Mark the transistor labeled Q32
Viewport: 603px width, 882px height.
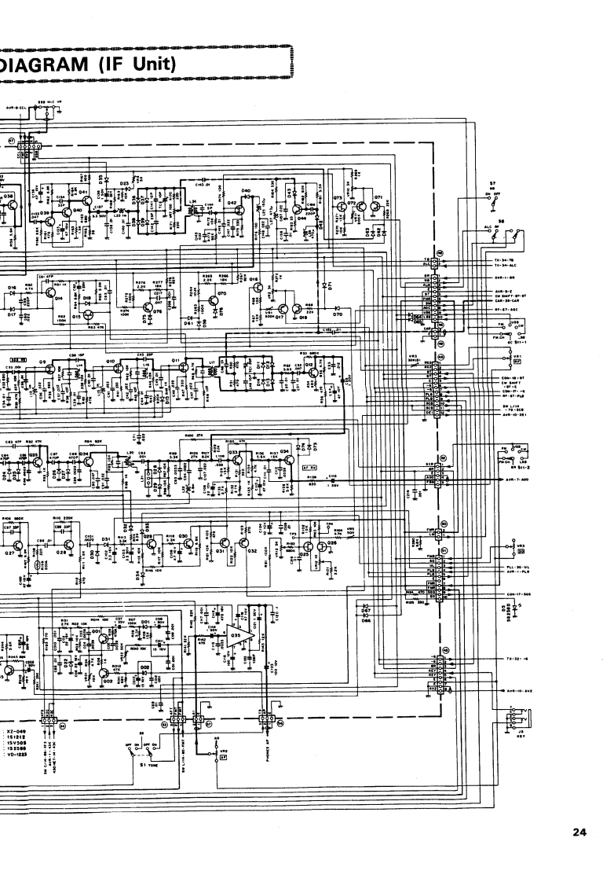pyautogui.click(x=249, y=547)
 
